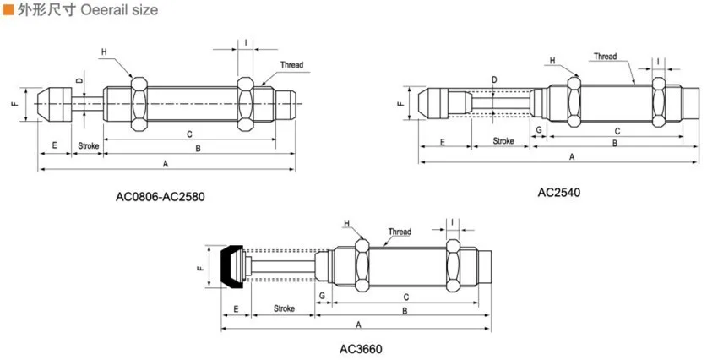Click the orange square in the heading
coord(8,9)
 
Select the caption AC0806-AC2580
coord(160,197)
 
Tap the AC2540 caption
coord(558,193)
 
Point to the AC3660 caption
coord(361,350)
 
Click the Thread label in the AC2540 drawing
coord(606,57)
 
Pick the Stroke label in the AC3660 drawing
coord(284,308)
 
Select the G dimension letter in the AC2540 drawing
coord(539,130)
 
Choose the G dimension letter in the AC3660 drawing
coord(322,296)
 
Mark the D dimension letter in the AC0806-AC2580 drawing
coord(79,80)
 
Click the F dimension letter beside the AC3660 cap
coord(200,267)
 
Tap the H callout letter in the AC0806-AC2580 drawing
coord(104,52)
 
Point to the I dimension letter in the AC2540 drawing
coord(659,62)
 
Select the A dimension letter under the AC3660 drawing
coord(358,325)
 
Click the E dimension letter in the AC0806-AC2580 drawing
coord(55,145)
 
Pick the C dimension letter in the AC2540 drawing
coord(617,132)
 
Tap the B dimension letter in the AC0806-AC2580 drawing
coord(198,149)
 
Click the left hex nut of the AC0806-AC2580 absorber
coord(139,104)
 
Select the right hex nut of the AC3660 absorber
coord(454,265)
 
